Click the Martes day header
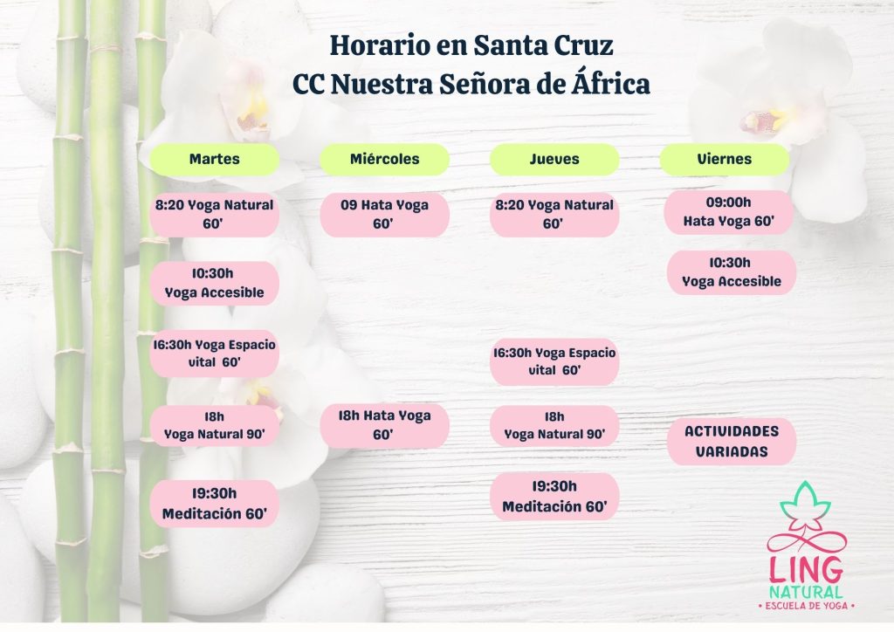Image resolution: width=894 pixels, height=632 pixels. pos(214,159)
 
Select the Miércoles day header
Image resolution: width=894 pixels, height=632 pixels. pos(384,159)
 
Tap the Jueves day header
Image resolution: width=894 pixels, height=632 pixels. pos(554,159)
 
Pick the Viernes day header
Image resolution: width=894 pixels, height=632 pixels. pos(724,159)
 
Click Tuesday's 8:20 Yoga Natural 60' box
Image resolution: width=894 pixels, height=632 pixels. pos(214,214)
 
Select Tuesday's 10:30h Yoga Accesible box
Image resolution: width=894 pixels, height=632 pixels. pos(214,283)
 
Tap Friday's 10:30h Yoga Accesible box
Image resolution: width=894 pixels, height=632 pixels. pos(731,271)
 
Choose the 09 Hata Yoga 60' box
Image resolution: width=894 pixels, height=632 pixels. pos(384,214)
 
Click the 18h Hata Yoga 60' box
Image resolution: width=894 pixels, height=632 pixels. pos(384,424)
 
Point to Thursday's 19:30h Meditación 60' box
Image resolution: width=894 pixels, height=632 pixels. pos(554,496)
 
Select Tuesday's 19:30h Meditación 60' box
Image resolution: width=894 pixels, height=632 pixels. pos(214,503)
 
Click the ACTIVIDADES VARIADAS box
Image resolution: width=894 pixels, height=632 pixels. pos(731,441)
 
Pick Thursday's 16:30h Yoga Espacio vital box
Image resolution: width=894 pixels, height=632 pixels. pos(554,361)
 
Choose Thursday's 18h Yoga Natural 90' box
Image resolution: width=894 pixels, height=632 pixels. pos(554,424)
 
